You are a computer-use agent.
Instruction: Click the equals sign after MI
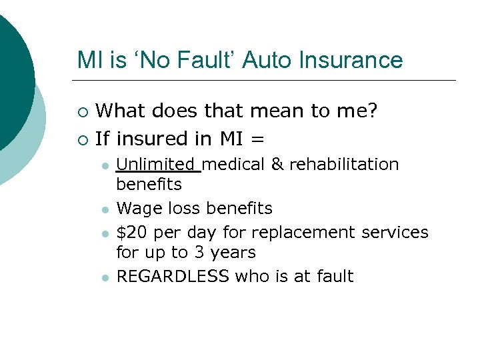[257, 139]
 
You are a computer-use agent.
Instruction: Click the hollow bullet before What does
[83, 111]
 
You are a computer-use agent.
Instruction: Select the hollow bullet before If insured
[83, 140]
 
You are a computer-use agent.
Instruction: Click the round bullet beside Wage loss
[105, 210]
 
